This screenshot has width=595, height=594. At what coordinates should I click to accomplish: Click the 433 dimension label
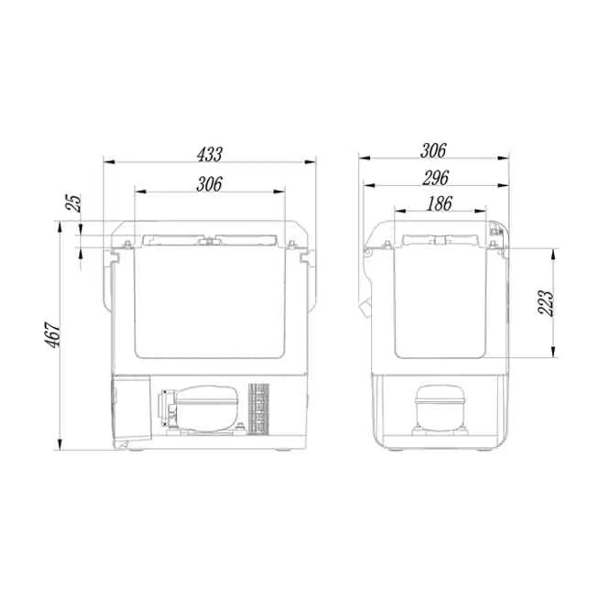pyautogui.click(x=209, y=154)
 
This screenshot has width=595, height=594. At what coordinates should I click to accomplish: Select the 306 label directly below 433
pyautogui.click(x=209, y=184)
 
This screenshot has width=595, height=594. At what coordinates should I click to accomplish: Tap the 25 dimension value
pyautogui.click(x=74, y=203)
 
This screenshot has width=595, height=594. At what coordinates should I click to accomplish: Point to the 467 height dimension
pyautogui.click(x=54, y=335)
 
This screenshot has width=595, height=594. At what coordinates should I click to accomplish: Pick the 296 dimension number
pyautogui.click(x=435, y=178)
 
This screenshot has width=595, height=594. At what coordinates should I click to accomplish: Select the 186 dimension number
pyautogui.click(x=439, y=204)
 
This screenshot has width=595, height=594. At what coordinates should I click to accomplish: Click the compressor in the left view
pyautogui.click(x=203, y=409)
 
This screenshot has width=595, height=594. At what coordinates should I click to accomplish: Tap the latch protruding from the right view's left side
pyautogui.click(x=365, y=307)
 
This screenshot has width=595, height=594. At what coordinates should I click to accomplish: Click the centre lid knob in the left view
pyautogui.click(x=210, y=241)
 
